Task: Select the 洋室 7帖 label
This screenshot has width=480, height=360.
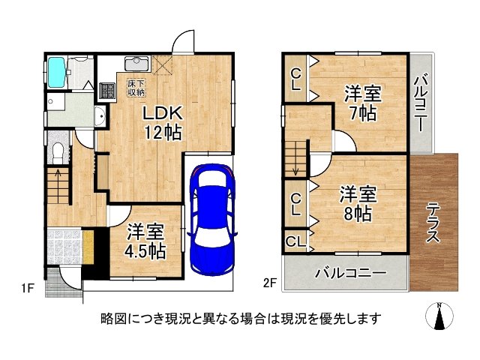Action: click(x=364, y=104)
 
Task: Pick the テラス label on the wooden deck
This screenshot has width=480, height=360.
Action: click(x=434, y=222)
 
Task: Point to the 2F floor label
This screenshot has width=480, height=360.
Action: click(x=269, y=283)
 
